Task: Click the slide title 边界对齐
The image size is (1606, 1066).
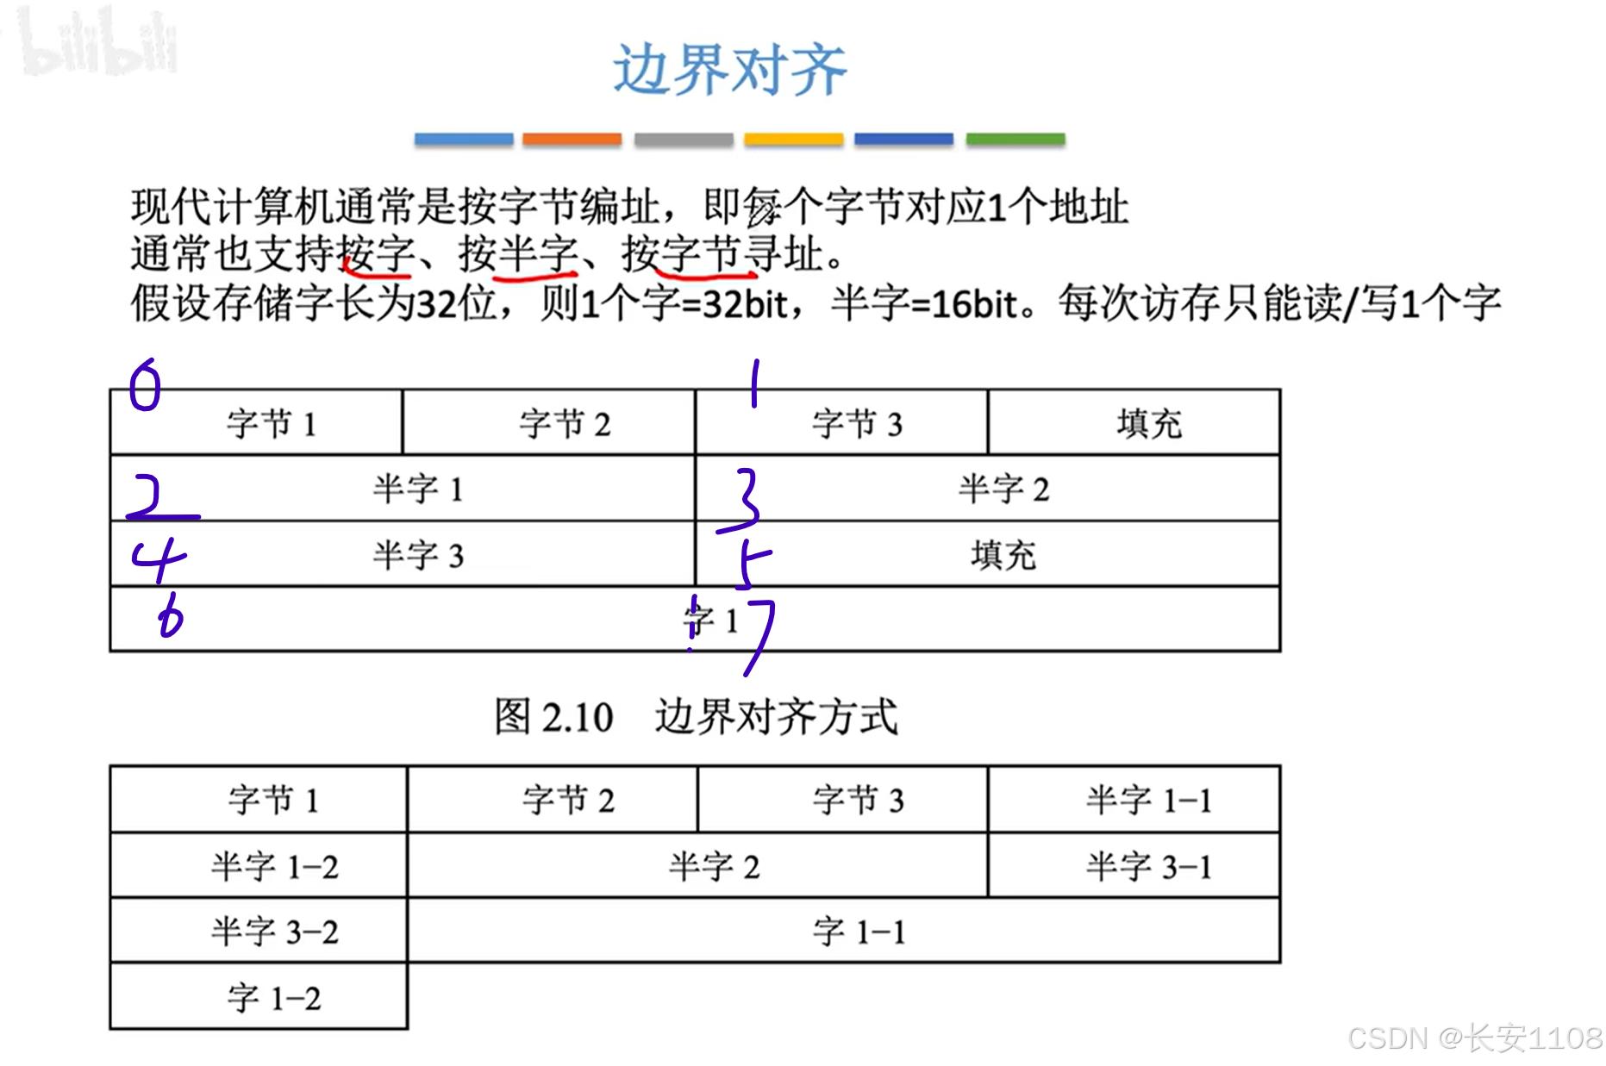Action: (x=729, y=70)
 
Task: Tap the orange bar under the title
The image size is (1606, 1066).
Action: (x=572, y=140)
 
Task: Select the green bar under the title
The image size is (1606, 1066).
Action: (x=1015, y=140)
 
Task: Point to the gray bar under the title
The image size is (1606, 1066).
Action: (x=683, y=140)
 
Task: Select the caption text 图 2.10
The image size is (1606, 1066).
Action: (x=553, y=717)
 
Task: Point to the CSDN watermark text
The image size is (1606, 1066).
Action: (x=1474, y=1038)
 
